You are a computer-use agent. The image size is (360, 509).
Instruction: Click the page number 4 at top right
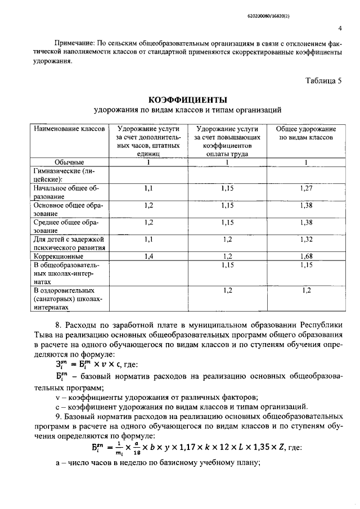340,28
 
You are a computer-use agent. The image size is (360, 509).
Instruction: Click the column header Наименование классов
69,129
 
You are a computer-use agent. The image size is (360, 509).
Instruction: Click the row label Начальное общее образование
66,192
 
